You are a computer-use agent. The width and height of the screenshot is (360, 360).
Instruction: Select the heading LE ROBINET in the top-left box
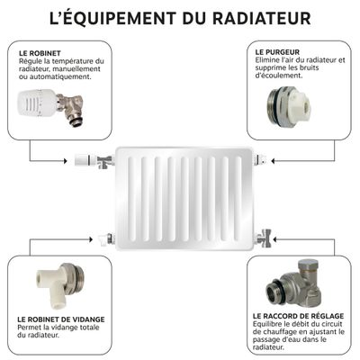point(38,52)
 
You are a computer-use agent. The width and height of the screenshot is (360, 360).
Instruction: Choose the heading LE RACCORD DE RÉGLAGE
point(294,316)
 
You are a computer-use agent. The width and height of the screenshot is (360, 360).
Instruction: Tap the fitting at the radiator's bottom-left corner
point(107,239)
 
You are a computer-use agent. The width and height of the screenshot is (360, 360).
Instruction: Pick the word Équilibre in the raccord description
point(269,325)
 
